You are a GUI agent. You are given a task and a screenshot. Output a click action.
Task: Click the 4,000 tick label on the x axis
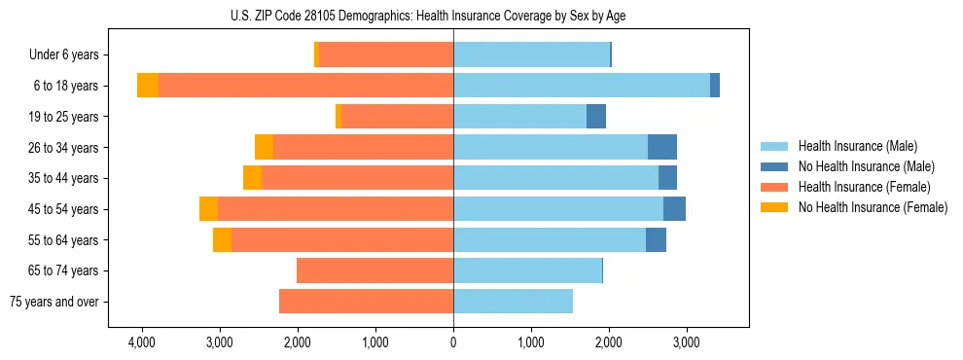coord(142,343)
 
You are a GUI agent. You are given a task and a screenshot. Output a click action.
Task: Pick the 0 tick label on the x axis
coord(453,343)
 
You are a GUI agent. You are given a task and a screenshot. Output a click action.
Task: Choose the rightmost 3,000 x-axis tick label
coord(686,343)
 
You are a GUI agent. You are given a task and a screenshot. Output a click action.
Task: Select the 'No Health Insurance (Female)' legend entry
coord(872,207)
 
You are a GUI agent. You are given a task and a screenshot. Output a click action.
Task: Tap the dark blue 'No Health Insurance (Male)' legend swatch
coord(775,166)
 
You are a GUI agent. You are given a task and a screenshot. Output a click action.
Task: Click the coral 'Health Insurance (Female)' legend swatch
coord(775,187)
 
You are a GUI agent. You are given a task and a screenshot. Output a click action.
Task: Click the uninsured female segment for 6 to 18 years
coord(148,86)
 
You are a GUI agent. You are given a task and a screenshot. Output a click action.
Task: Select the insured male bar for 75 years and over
coord(513,302)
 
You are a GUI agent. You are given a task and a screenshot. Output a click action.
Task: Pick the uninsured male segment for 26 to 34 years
coord(661,147)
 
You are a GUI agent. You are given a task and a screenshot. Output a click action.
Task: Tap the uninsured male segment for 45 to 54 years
coord(674,209)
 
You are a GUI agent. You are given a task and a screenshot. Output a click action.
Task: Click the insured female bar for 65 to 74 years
coord(374,270)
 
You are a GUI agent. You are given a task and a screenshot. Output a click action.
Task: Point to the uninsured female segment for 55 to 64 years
coord(222,239)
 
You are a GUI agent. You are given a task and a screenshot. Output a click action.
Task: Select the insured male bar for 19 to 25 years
coord(519,117)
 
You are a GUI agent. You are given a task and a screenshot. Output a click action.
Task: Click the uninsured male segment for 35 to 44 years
coord(667,178)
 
